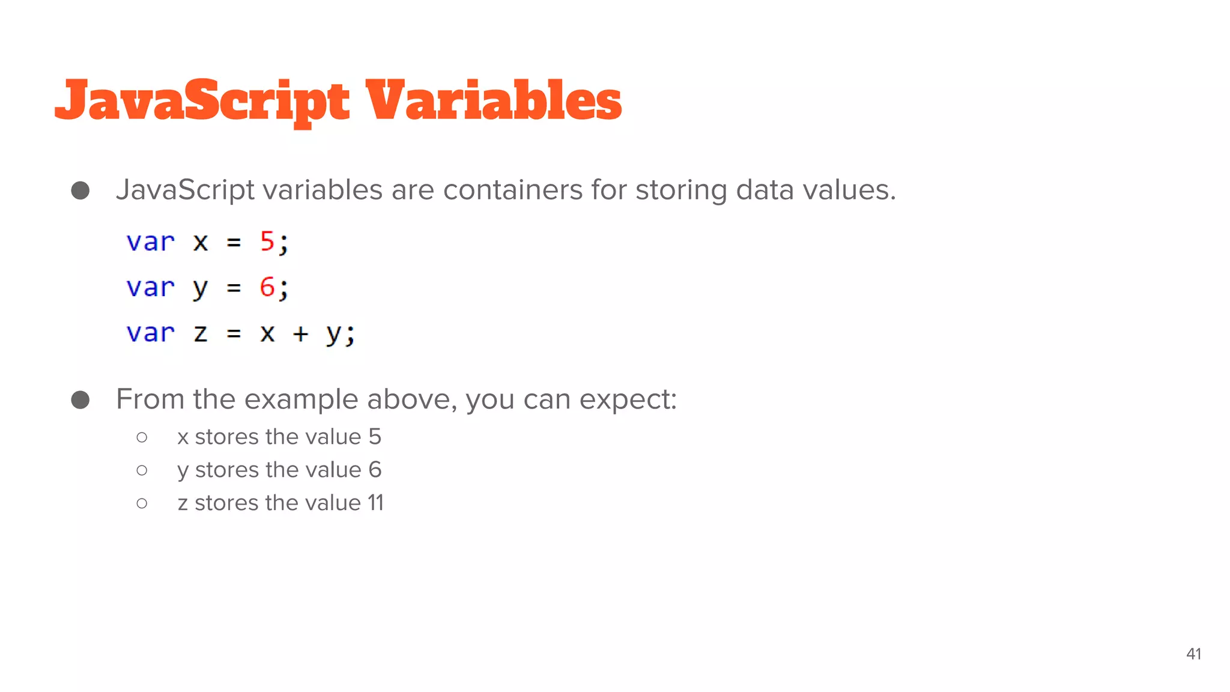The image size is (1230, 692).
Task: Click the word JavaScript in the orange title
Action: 202,101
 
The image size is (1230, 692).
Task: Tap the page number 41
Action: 1193,654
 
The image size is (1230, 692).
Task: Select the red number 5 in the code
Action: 267,241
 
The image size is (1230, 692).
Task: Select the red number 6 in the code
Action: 267,287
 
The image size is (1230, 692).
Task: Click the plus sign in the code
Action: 300,333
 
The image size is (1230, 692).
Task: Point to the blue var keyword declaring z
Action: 150,333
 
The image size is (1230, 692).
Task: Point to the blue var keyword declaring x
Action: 150,241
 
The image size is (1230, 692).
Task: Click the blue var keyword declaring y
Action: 150,287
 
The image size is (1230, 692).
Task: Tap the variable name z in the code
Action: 201,333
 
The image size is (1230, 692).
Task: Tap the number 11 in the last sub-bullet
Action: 375,503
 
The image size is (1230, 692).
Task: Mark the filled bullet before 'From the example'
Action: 80,399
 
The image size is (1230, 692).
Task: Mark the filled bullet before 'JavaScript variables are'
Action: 80,190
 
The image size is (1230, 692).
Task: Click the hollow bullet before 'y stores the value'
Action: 142,470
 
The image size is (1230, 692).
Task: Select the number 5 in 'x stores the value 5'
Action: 375,437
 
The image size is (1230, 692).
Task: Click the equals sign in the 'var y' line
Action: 234,288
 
